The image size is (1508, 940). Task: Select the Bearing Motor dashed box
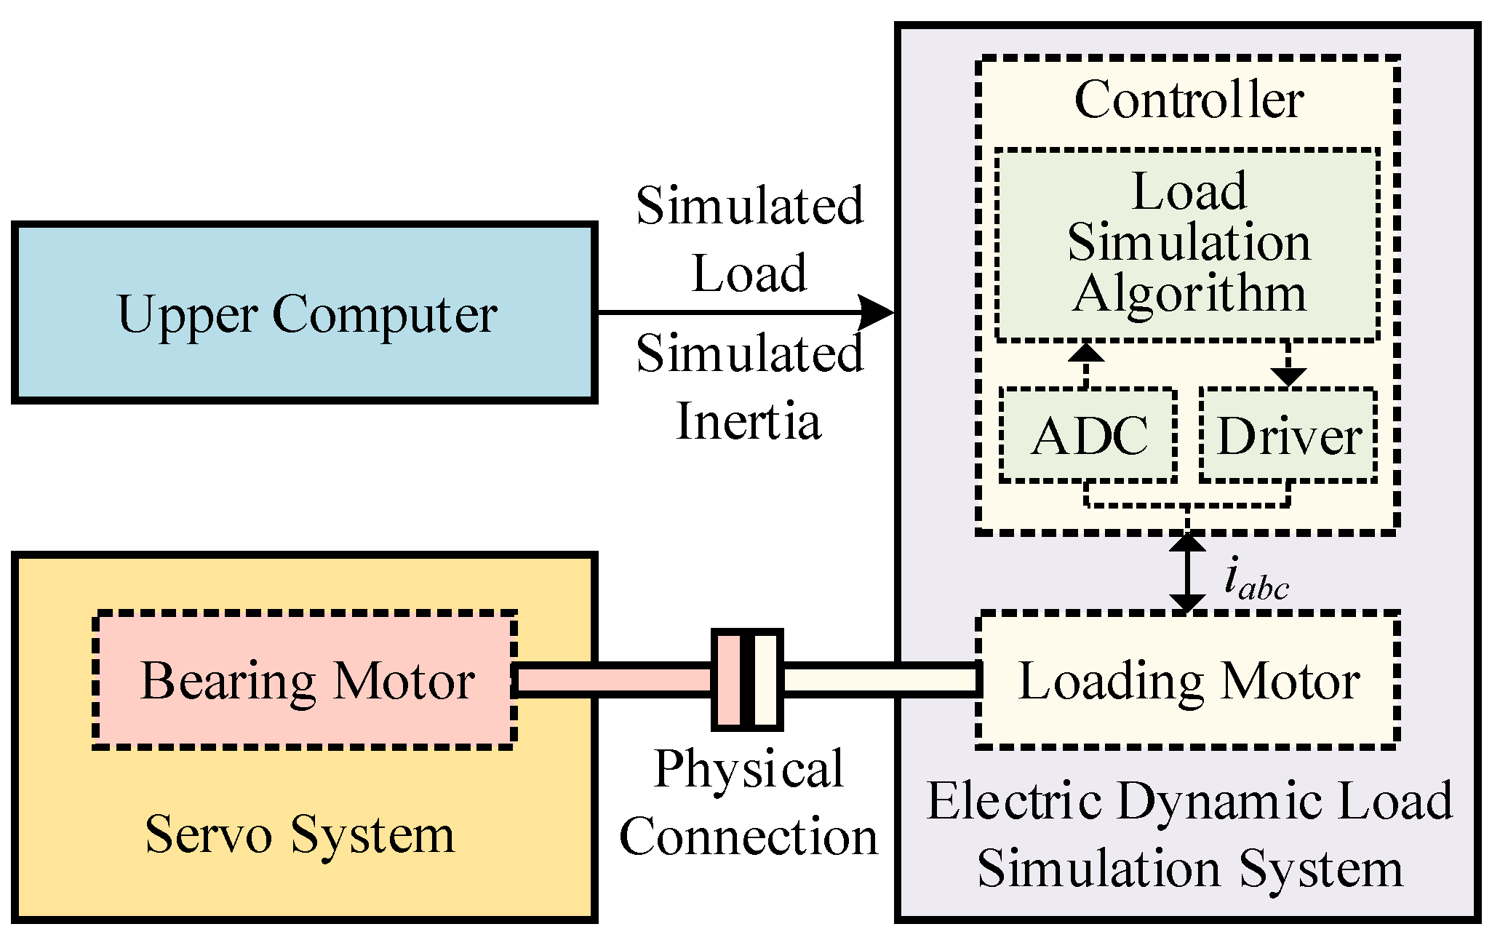(x=306, y=680)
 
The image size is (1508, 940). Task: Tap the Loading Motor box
(x=1187, y=680)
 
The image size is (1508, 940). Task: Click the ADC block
(x=1088, y=435)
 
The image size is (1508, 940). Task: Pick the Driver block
(x=1288, y=435)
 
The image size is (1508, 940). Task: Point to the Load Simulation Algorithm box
(x=1187, y=244)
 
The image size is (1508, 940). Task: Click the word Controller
(x=1188, y=100)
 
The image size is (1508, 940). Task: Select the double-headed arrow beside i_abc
(x=1187, y=573)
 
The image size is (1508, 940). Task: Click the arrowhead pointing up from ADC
(x=1086, y=352)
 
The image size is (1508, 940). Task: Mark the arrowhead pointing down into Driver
(x=1288, y=376)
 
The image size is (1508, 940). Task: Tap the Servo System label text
(x=300, y=835)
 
